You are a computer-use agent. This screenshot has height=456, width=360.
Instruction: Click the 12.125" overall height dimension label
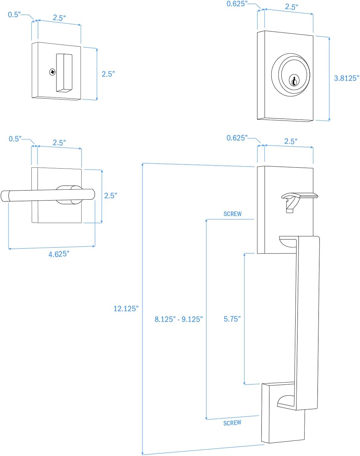coord(126,309)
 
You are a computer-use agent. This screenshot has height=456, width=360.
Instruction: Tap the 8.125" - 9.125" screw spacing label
coord(178,319)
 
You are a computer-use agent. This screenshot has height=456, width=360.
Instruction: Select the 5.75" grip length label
coord(232,319)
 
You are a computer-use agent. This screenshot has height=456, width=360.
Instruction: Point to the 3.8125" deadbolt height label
coord(346,78)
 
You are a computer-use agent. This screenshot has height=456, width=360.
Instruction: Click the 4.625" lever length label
coord(59,254)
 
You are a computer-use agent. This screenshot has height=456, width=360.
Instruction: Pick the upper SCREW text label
coord(233,214)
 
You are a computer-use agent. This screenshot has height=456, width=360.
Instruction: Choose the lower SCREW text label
coord(232,423)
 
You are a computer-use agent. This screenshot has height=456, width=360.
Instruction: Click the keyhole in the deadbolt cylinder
coord(294,81)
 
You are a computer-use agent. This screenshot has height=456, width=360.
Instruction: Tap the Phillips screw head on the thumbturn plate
coord(52,72)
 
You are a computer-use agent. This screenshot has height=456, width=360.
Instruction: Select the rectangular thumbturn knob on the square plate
coord(64,72)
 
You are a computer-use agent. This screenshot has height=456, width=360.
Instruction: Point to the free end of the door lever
coord(5,196)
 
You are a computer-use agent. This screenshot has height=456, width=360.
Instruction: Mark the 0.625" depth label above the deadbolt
coord(237,4)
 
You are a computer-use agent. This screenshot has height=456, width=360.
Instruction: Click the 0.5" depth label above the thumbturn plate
coord(14,15)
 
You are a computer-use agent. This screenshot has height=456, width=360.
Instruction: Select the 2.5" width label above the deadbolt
coord(291,7)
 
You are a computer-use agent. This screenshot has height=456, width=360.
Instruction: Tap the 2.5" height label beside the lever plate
coord(110,196)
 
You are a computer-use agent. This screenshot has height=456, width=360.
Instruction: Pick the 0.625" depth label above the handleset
coord(237,138)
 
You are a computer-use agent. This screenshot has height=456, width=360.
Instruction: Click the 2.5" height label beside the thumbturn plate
coord(108,74)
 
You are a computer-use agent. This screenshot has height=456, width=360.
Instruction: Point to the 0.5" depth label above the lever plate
coord(15,139)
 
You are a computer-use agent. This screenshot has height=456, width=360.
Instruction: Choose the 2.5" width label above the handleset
coord(291,141)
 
